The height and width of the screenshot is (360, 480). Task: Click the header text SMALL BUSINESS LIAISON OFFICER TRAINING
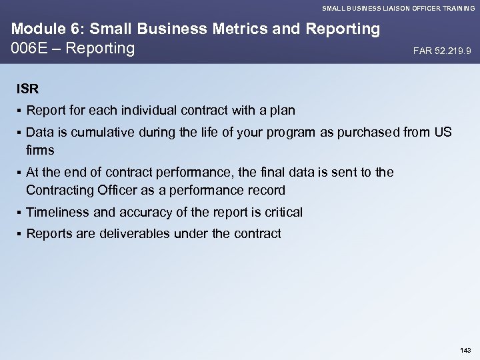(x=398, y=7)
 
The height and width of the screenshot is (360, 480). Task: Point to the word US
(x=443, y=133)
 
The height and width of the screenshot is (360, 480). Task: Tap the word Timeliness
(x=56, y=212)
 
